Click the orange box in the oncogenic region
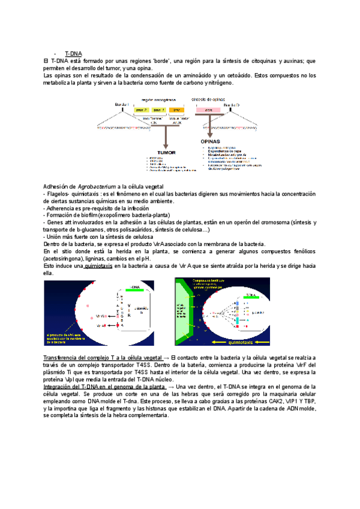pos(176,110)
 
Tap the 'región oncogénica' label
pos(158,99)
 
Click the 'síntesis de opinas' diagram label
pos(208,99)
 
